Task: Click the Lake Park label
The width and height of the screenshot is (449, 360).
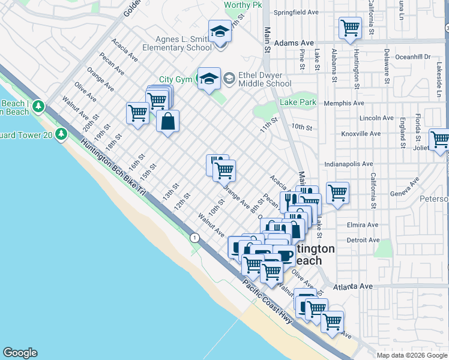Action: coord(298,103)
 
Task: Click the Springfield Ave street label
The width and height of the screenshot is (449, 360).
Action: coord(296,12)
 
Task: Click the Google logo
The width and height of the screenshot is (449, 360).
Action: coord(20,353)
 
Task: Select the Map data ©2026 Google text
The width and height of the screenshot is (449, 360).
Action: coord(411,355)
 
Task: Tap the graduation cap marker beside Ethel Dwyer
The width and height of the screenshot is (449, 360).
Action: coord(209,78)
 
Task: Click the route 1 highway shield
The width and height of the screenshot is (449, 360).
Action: coord(194,238)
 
